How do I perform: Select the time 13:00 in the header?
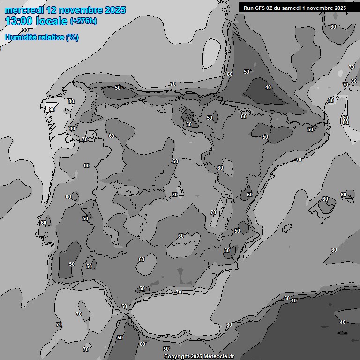tap(19, 21)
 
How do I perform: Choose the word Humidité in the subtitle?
tap(19, 37)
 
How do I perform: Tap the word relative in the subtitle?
tap(50, 37)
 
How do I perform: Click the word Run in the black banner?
tap(248, 8)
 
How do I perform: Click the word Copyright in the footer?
tap(177, 356)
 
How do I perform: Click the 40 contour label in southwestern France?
tap(268, 87)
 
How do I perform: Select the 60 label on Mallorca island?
tap(325, 199)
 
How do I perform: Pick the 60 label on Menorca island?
tap(344, 195)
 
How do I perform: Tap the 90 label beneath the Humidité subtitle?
tap(25, 30)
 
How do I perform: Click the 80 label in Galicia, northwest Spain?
tap(71, 101)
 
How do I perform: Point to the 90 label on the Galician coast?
tap(52, 109)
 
